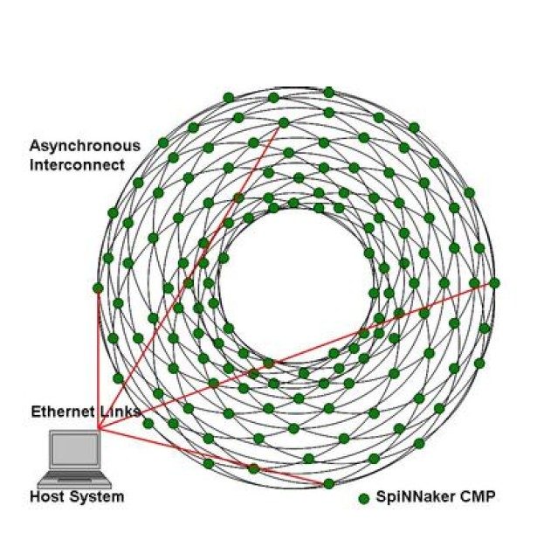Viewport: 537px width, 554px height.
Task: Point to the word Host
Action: click(47, 497)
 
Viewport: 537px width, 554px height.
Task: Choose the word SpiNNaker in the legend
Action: click(410, 497)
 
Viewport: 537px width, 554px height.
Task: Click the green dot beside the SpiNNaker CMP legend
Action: click(363, 498)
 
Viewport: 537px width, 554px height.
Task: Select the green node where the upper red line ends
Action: click(283, 122)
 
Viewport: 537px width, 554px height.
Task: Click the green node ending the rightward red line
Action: click(494, 282)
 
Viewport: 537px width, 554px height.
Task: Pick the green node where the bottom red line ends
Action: click(329, 483)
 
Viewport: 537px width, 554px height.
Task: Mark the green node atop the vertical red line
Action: click(98, 287)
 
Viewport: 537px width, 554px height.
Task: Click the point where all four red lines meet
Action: click(99, 428)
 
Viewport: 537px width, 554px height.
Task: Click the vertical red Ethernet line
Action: click(98, 358)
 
